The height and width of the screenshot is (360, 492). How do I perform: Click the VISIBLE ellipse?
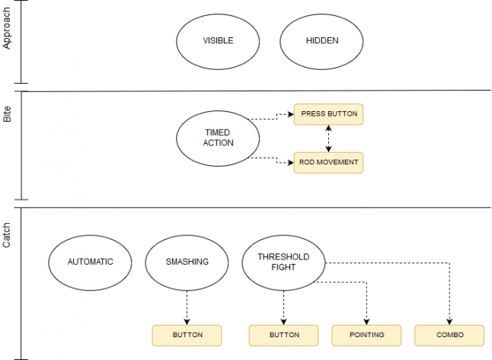click(217, 41)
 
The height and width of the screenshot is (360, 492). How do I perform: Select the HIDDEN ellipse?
click(321, 41)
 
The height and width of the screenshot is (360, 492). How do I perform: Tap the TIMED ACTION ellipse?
click(217, 138)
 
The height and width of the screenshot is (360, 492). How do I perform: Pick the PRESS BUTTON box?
click(328, 114)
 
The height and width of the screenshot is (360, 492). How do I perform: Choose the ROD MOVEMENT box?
click(328, 162)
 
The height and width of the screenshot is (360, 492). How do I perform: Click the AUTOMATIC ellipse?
click(90, 262)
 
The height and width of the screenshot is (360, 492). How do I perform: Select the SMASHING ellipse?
click(187, 262)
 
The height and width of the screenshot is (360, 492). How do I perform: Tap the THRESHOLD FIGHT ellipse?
click(283, 262)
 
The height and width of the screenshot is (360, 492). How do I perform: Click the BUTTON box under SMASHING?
click(187, 335)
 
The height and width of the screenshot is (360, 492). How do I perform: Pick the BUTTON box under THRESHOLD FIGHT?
click(283, 335)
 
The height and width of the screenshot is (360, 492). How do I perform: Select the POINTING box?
click(366, 335)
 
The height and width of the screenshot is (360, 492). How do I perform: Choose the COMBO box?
click(449, 335)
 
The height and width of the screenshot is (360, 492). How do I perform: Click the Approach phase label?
click(8, 33)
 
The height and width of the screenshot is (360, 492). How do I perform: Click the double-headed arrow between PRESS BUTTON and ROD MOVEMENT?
click(328, 139)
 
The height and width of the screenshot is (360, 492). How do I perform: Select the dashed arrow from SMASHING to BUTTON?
click(187, 304)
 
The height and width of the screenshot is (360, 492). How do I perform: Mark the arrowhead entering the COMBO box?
click(449, 321)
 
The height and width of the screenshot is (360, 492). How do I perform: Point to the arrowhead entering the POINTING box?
click(366, 321)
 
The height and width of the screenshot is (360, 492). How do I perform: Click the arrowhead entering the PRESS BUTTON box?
click(290, 114)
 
